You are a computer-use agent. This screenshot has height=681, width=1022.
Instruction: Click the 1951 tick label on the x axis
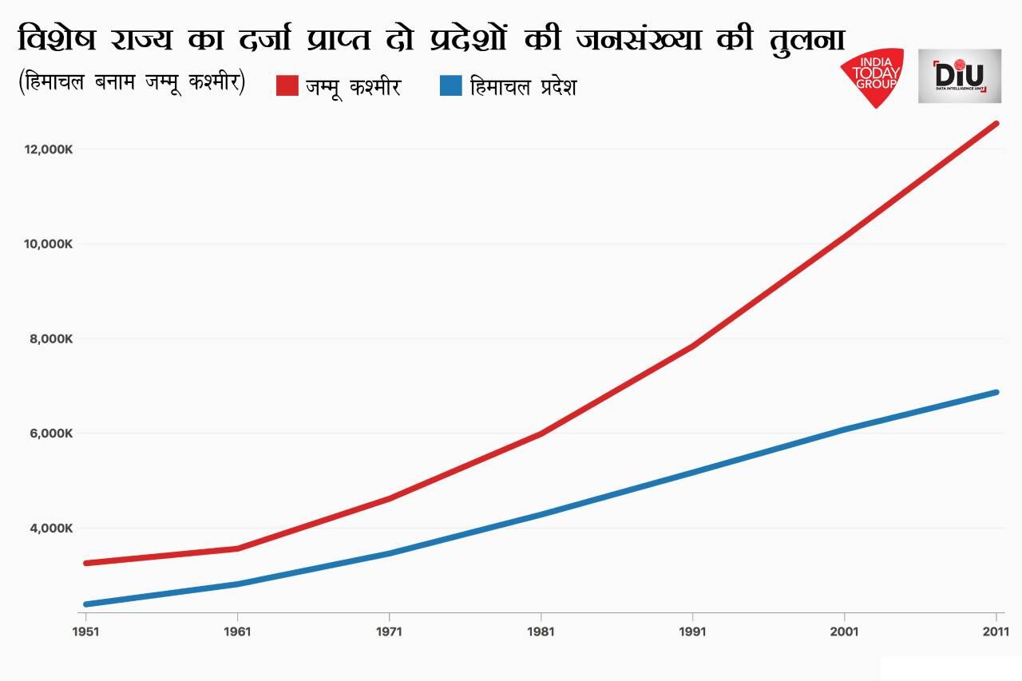click(85, 632)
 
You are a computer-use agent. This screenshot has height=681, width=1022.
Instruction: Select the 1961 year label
click(237, 632)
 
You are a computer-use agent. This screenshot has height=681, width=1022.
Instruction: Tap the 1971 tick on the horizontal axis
click(389, 632)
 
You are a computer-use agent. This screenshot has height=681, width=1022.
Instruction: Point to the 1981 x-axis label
click(541, 632)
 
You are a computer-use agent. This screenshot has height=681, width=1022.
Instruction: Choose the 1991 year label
click(692, 632)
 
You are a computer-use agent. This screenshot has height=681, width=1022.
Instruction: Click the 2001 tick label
click(844, 632)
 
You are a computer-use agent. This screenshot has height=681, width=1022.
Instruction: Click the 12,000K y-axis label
click(49, 149)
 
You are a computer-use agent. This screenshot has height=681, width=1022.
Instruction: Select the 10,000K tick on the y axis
click(49, 244)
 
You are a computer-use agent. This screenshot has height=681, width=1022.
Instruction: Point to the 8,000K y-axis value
click(52, 339)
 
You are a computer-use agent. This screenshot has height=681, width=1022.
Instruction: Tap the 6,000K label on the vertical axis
click(52, 434)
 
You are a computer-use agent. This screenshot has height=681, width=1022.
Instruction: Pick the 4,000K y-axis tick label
click(52, 529)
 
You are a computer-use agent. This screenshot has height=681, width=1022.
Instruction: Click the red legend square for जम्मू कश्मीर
click(287, 85)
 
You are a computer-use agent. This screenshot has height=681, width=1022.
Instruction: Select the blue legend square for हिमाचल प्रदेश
click(451, 85)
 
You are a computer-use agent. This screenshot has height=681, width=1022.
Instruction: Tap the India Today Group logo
click(874, 77)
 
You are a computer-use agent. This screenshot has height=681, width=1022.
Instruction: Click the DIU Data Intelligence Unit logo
click(959, 76)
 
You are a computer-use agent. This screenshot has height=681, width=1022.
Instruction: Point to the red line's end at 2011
click(996, 124)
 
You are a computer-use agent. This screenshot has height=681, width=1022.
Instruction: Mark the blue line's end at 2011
click(996, 392)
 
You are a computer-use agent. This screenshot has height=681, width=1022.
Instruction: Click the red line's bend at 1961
click(237, 548)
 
